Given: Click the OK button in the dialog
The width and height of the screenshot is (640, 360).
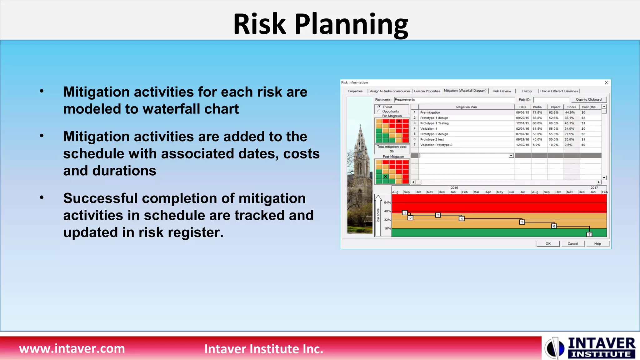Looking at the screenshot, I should pyautogui.click(x=548, y=244).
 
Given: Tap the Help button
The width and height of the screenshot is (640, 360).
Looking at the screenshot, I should pyautogui.click(x=597, y=244).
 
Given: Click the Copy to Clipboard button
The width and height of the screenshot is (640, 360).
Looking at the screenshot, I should pyautogui.click(x=588, y=99).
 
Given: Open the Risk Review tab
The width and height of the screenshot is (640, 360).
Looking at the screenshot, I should pyautogui.click(x=502, y=91).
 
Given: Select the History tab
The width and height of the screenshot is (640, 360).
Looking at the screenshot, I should pyautogui.click(x=527, y=91).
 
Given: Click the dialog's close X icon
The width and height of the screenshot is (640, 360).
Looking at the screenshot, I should pyautogui.click(x=607, y=82).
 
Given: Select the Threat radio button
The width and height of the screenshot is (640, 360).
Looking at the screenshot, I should pyautogui.click(x=379, y=107).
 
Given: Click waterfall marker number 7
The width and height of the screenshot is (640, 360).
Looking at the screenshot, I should pyautogui.click(x=589, y=234).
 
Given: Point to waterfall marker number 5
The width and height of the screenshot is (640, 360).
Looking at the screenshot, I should pyautogui.click(x=522, y=222).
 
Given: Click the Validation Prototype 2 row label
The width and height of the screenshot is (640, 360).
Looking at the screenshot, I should pyautogui.click(x=436, y=145).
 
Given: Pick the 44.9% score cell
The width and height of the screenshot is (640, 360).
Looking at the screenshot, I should pyautogui.click(x=570, y=112).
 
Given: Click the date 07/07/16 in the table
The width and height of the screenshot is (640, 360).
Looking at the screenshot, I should pyautogui.click(x=522, y=134).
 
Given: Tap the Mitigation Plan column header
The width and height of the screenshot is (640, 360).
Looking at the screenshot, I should pyautogui.click(x=466, y=107).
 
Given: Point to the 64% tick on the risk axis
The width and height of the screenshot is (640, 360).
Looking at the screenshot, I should pyautogui.click(x=387, y=202).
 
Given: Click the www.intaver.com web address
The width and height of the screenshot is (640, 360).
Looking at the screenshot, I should pyautogui.click(x=72, y=348).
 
